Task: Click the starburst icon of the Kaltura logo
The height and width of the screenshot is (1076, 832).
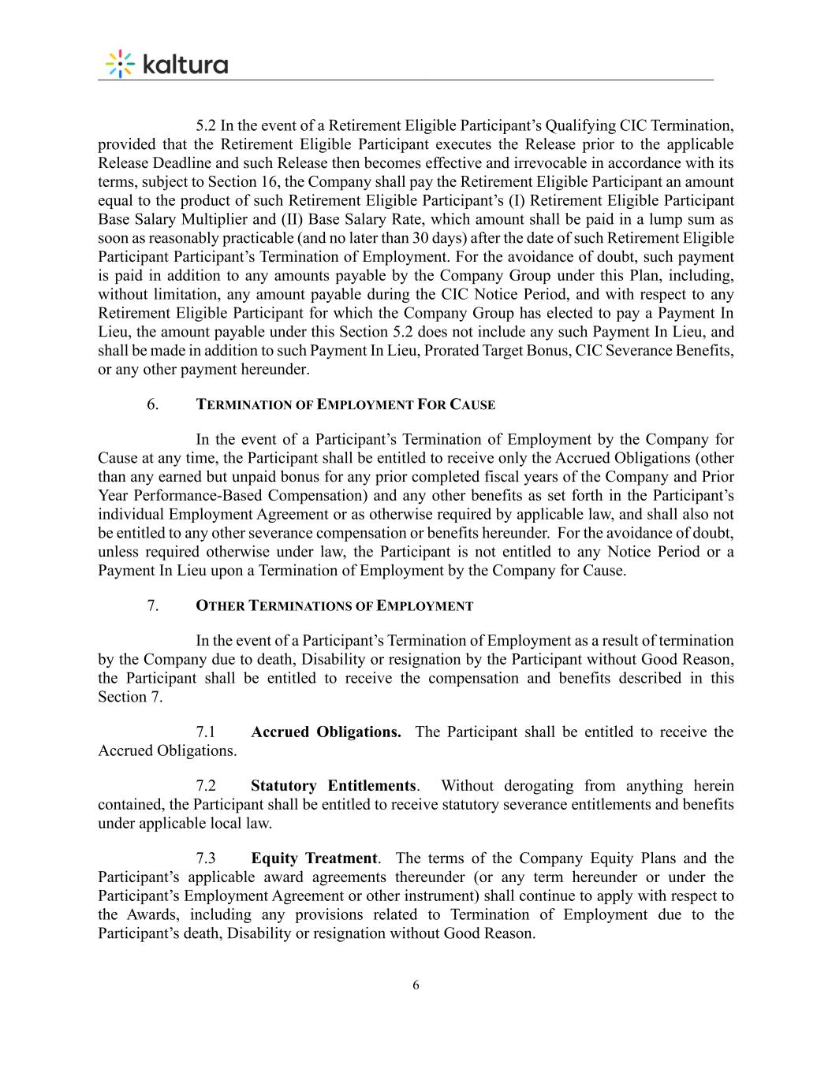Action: coord(120,64)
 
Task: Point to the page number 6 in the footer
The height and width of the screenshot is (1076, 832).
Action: coord(416,985)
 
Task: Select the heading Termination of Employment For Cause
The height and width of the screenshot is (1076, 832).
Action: coord(345,405)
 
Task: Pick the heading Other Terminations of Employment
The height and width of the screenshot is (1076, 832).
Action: coord(334,606)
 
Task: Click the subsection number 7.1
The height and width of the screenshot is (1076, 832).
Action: coord(206,732)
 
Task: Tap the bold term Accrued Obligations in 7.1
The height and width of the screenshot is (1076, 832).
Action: coord(325,732)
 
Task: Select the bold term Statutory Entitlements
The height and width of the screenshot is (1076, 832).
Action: coord(334,786)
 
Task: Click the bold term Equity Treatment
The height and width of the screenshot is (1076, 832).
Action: coord(314,858)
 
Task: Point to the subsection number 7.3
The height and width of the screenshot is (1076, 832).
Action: coord(206,858)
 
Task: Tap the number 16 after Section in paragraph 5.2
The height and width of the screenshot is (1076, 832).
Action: coord(253,182)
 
